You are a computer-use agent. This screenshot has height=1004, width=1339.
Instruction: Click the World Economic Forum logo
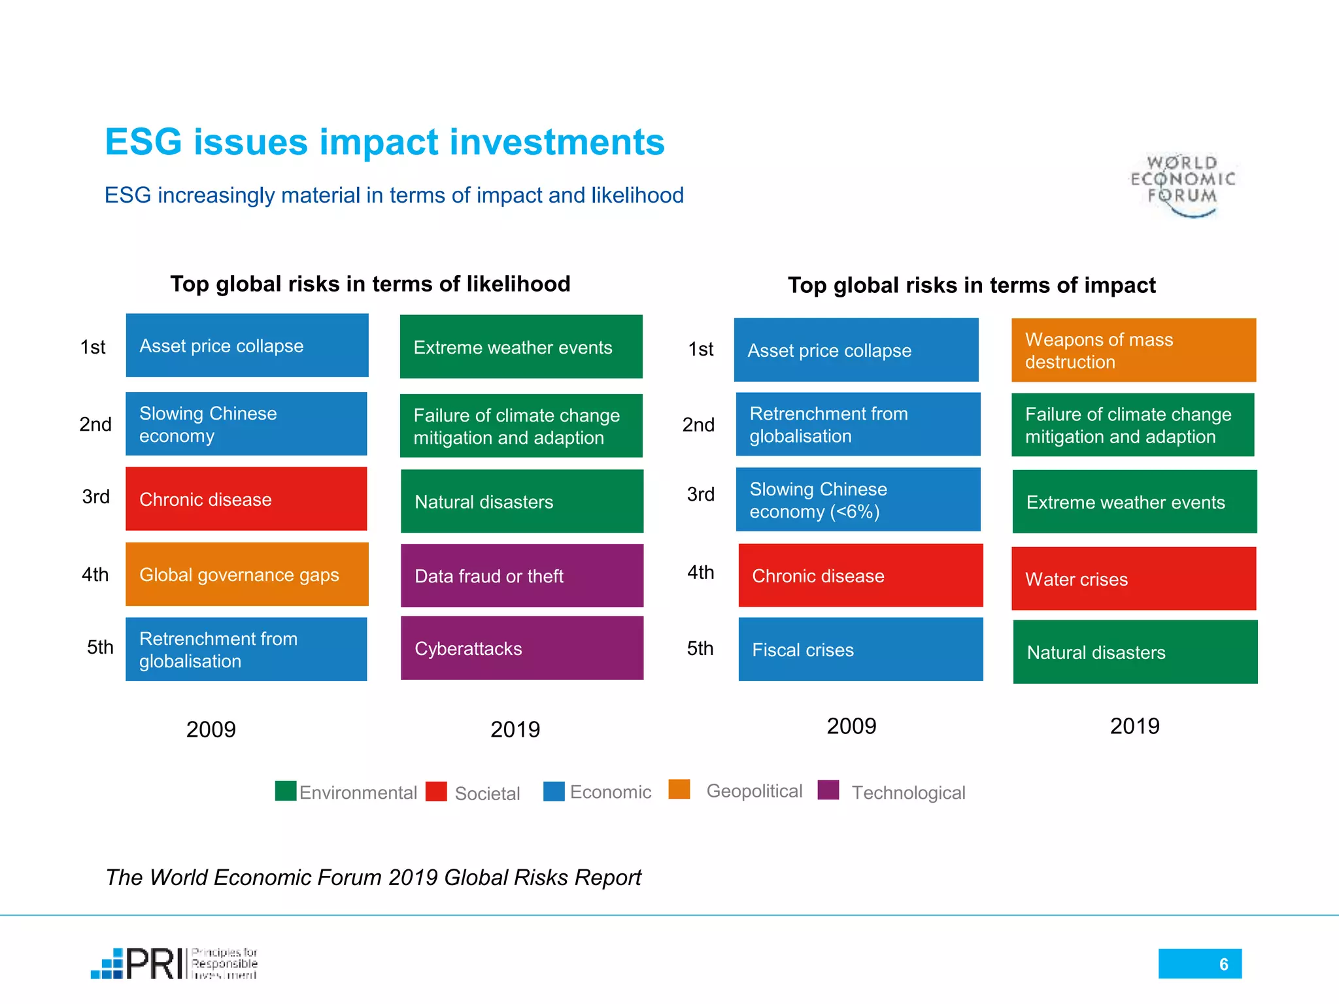(1183, 184)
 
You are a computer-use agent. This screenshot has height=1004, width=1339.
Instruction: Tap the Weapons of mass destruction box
(1133, 350)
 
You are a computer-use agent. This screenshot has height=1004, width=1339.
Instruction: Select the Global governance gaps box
(246, 575)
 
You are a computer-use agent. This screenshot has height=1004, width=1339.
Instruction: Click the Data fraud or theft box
(522, 576)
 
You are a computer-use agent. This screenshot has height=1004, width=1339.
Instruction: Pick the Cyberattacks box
(522, 648)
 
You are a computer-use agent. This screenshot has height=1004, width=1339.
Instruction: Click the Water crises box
(1133, 579)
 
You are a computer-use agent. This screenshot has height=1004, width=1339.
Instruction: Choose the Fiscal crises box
(860, 650)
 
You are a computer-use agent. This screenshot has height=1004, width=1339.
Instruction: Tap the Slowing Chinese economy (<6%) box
(858, 500)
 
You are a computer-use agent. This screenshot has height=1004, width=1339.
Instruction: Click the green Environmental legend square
(286, 791)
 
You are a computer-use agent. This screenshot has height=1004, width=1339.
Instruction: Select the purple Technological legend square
(828, 790)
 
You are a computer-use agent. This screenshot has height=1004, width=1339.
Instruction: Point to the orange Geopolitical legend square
(679, 790)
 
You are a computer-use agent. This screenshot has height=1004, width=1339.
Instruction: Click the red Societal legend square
(436, 792)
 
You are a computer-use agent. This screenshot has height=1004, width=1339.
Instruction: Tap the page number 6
(1223, 964)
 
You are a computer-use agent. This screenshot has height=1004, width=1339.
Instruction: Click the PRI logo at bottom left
(174, 964)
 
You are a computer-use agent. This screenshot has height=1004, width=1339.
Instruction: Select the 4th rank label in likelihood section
(95, 575)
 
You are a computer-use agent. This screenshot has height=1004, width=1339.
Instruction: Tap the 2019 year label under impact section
(1134, 726)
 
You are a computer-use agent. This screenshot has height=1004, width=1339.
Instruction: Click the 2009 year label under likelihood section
(211, 729)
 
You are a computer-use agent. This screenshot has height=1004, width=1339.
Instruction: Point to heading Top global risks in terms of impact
(972, 286)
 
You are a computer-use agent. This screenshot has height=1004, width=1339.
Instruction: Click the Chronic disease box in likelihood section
(246, 499)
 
